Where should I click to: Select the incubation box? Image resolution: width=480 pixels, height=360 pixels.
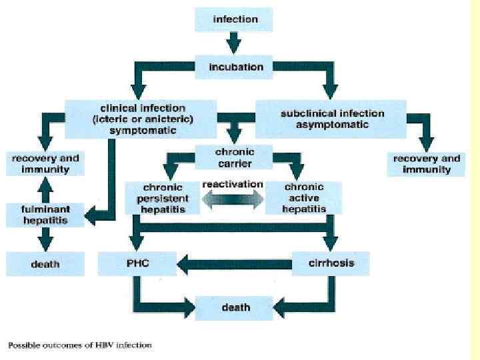coord(235,67)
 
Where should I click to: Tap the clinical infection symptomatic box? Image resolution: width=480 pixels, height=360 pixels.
coord(141,119)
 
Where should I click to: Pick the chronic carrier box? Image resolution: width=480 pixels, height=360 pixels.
coord(235,157)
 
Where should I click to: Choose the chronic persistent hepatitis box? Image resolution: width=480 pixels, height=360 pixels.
coord(164,198)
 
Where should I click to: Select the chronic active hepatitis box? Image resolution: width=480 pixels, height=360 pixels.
coord(305,198)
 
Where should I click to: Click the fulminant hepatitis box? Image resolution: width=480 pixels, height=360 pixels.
coord(45,215)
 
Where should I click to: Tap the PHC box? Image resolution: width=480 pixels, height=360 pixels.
coord(137,263)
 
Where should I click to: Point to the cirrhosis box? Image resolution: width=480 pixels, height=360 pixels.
coord(331,263)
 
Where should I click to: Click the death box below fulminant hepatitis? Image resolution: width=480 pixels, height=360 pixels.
coord(45,264)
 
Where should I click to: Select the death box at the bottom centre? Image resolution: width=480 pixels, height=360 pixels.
coord(235,307)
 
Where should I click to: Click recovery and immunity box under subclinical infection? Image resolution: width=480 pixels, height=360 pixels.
coord(427,164)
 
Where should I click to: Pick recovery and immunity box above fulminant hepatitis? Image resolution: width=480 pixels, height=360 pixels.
coord(45,164)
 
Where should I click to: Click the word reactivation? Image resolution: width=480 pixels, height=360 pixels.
coord(233,184)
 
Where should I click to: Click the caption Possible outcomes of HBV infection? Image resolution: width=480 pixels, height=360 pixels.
coord(79,345)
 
